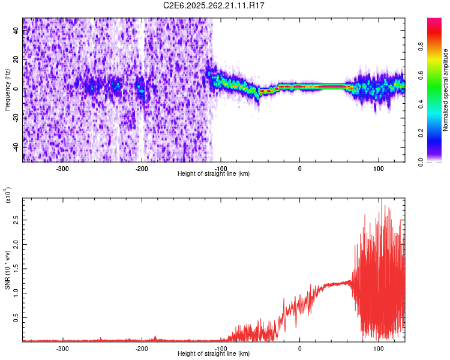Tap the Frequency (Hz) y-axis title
[x=7, y=90]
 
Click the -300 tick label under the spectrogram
[x=62, y=168]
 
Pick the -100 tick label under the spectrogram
[x=221, y=168]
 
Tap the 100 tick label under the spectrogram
[x=379, y=168]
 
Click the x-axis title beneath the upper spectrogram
[x=214, y=174]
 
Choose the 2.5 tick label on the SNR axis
[x=16, y=221]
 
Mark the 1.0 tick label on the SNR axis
[x=16, y=293]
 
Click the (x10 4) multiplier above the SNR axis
[x=8, y=195]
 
